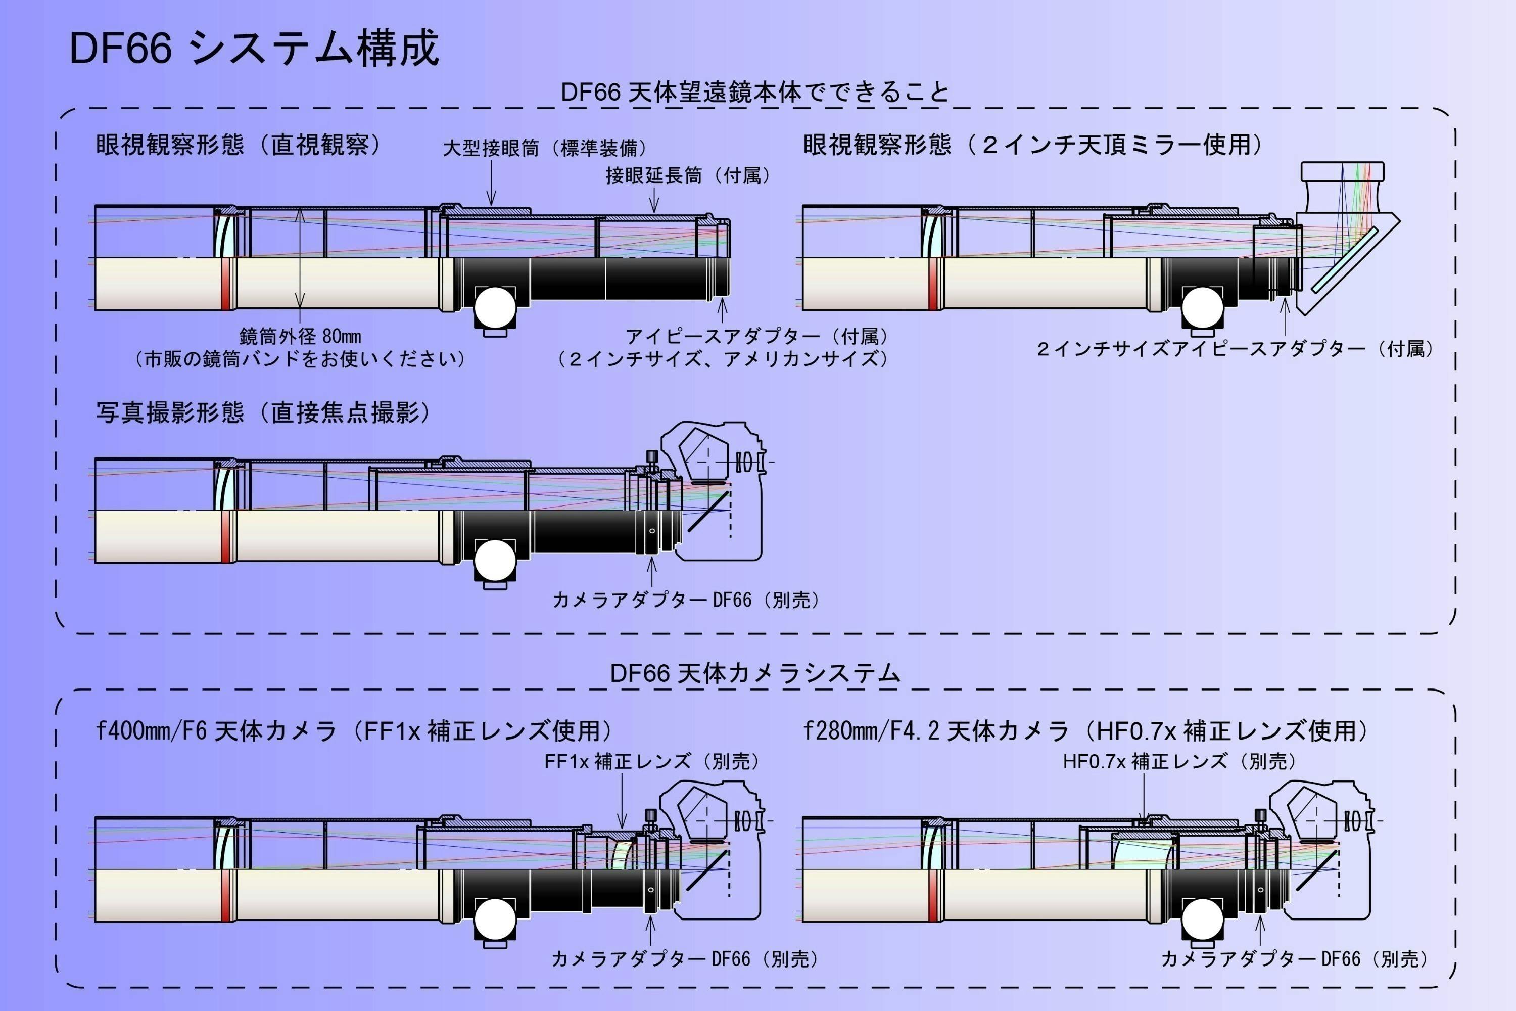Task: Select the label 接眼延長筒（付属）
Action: [688, 175]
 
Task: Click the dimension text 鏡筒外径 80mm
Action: [300, 336]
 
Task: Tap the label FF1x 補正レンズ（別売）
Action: [652, 761]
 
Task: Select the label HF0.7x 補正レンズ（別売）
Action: [1179, 761]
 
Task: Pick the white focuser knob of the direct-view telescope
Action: [495, 307]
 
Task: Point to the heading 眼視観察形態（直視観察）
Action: [239, 145]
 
